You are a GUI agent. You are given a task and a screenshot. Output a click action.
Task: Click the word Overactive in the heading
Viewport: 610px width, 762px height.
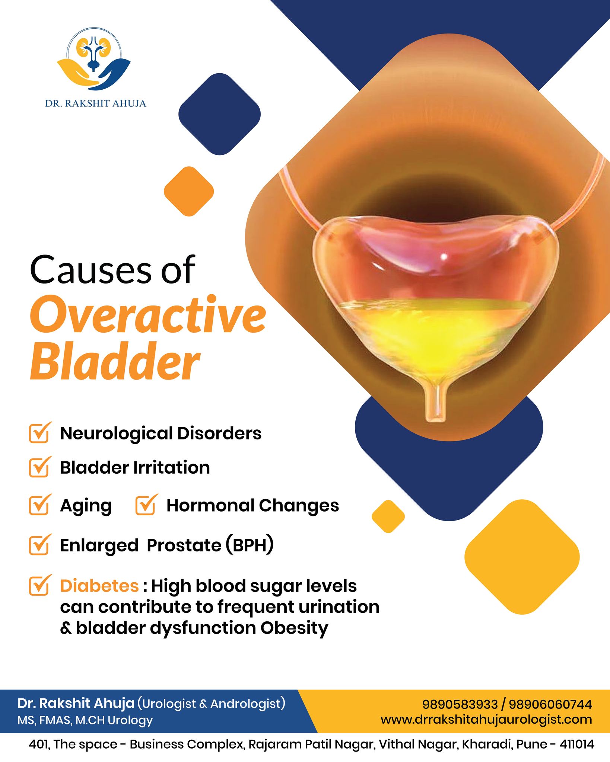[148, 315]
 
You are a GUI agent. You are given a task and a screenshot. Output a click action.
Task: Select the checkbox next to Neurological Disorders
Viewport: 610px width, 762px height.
[39, 433]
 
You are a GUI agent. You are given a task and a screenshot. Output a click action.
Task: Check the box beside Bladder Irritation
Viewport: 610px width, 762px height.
[39, 467]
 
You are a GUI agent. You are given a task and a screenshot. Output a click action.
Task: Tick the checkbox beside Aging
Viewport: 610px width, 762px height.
[39, 505]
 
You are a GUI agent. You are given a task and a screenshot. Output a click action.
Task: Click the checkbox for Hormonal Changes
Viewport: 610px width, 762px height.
[146, 505]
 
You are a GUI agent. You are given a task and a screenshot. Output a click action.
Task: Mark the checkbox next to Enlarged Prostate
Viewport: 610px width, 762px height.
[39, 545]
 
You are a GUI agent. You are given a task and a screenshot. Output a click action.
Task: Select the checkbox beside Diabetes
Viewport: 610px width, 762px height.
[39, 586]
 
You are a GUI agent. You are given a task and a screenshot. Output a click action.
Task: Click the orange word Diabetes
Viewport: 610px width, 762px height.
[99, 586]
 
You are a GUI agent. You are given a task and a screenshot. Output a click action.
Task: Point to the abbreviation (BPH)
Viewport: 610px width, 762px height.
[250, 545]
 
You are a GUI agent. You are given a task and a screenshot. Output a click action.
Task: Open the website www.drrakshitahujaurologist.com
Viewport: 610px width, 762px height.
[486, 720]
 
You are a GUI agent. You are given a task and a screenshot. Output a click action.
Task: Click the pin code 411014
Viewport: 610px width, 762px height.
[576, 745]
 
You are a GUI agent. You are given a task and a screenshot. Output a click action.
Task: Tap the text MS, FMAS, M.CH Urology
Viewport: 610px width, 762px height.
[85, 720]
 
